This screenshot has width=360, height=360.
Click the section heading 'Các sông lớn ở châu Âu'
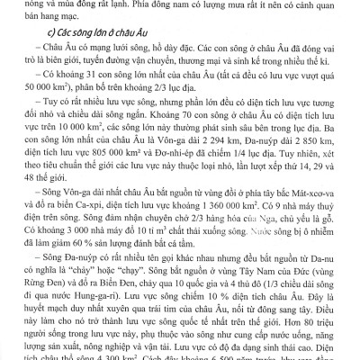click(85, 46)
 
